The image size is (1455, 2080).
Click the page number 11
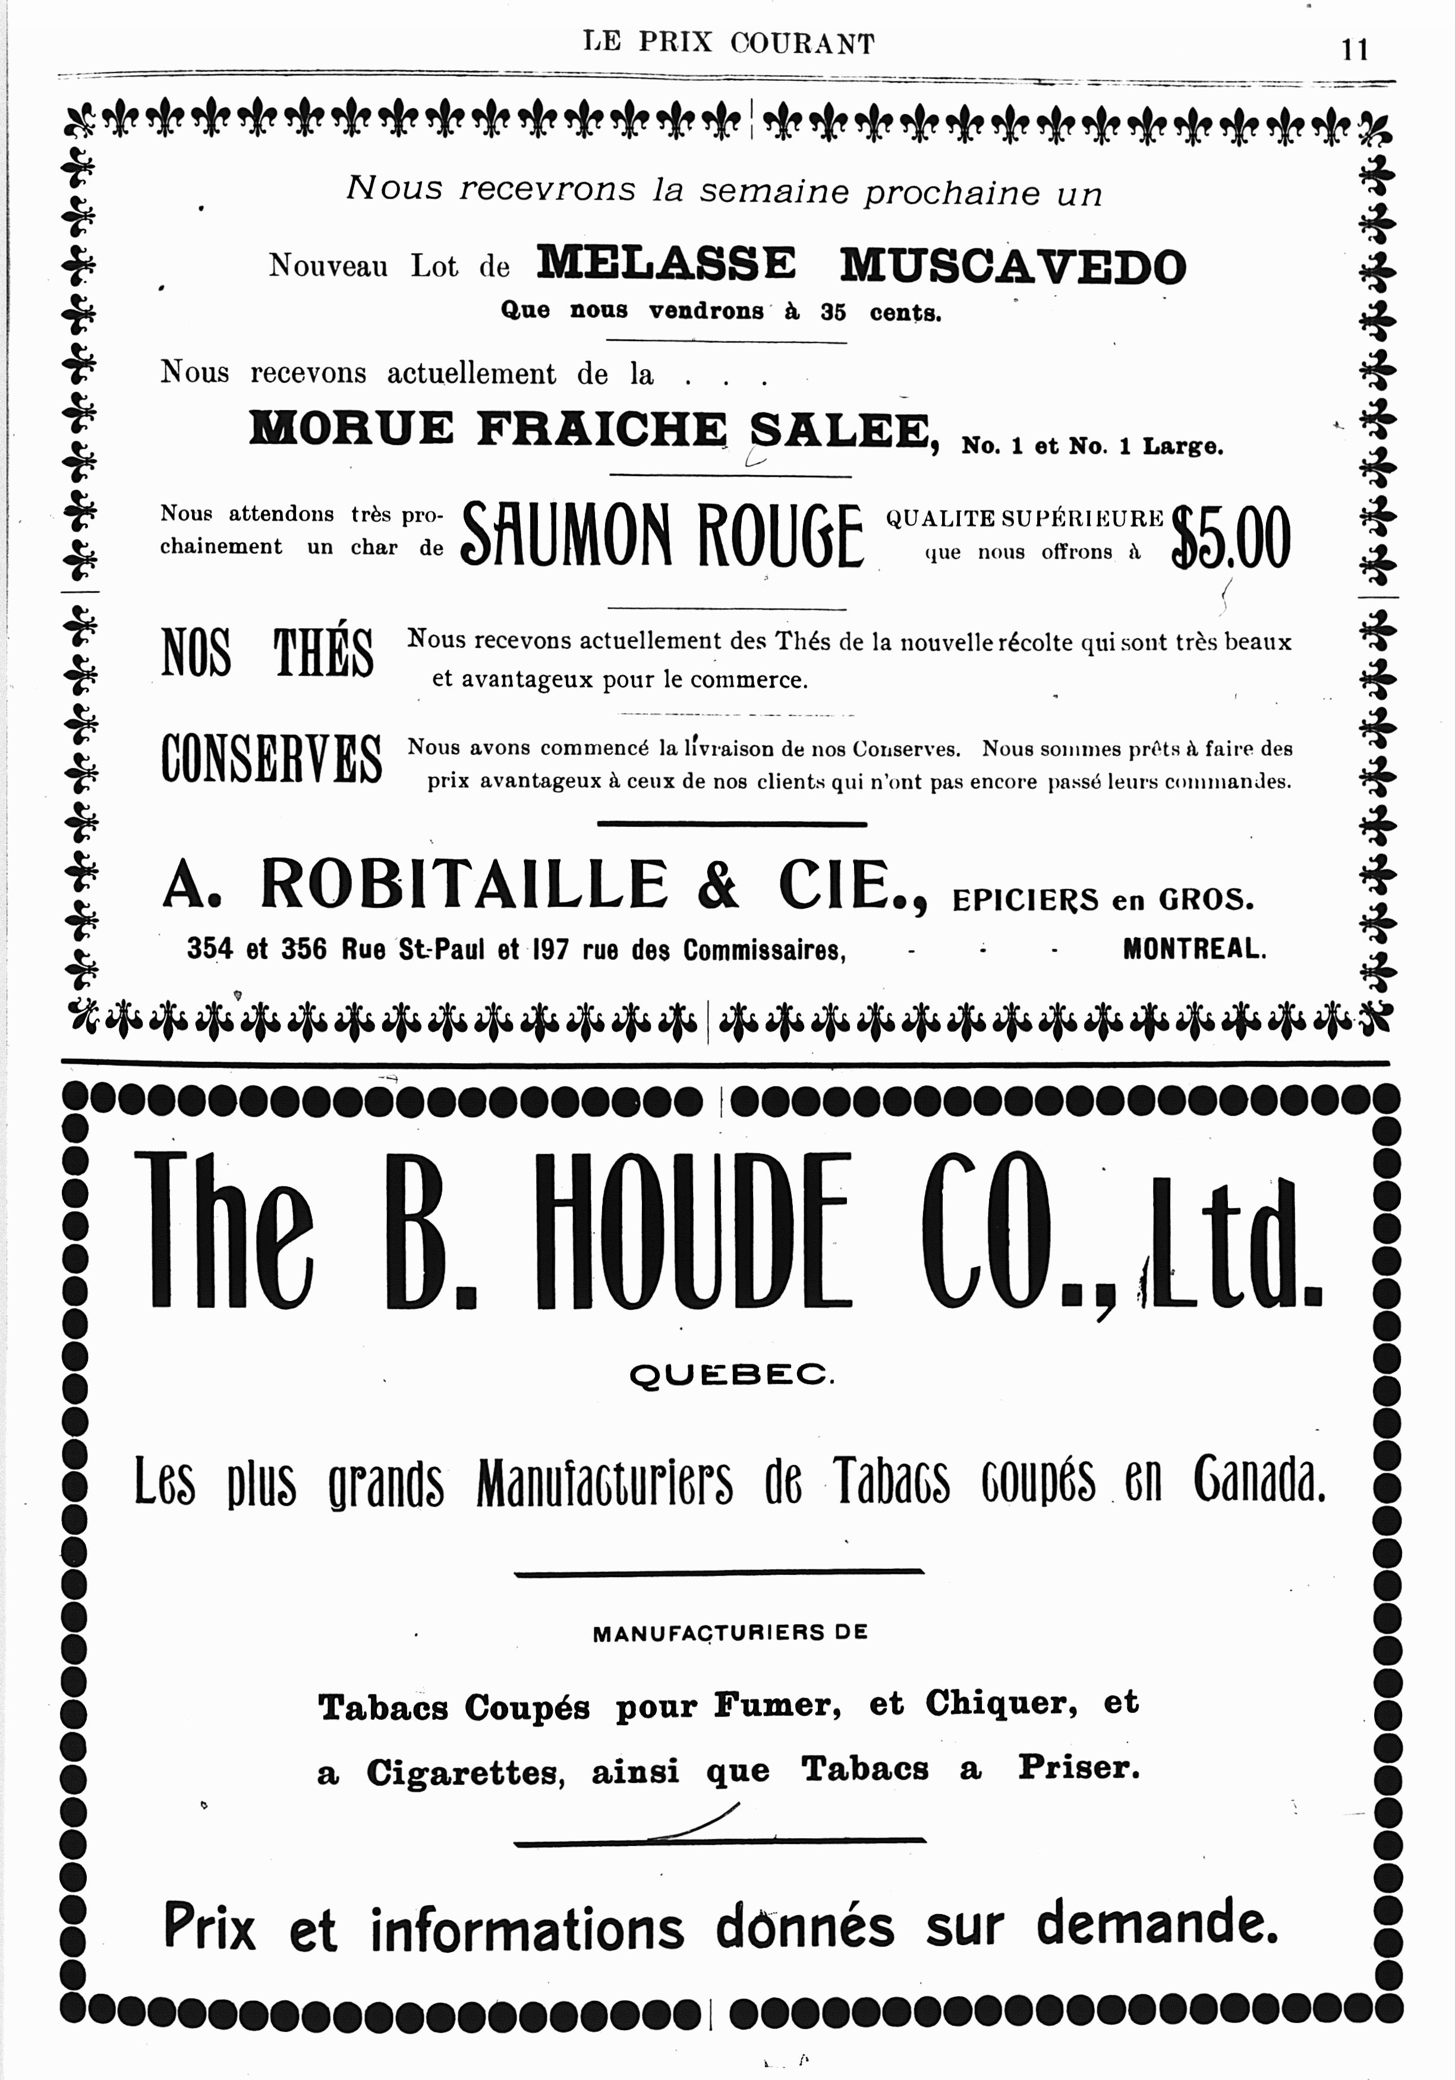click(1355, 49)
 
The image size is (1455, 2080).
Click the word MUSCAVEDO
click(1012, 266)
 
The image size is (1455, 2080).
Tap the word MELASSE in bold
click(666, 264)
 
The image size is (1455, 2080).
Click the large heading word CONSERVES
click(271, 759)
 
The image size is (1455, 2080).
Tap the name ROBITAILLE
click(464, 884)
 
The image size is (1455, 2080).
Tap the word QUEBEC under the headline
click(731, 1376)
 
